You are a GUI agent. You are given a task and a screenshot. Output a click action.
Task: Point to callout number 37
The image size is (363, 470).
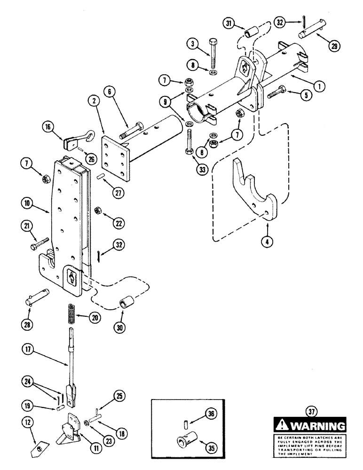[314, 413]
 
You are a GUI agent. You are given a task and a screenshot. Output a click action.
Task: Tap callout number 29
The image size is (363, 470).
[333, 46]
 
